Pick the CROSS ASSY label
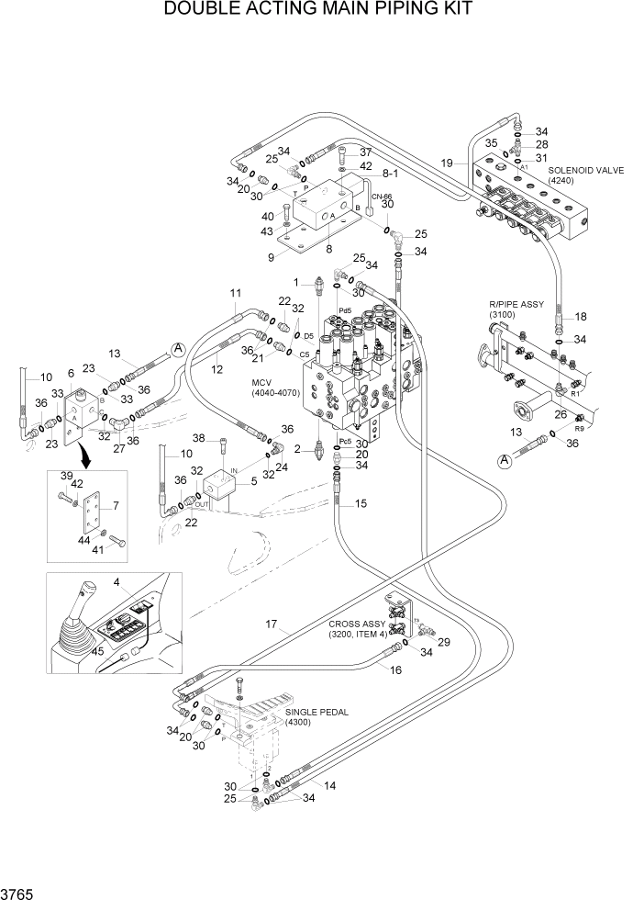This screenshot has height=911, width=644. [x=357, y=624]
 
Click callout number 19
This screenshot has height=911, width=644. [x=446, y=163]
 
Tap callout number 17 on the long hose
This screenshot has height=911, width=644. [x=272, y=625]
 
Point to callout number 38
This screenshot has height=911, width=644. [x=198, y=437]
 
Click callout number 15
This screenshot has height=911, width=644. [x=360, y=503]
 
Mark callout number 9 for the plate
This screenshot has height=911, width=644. [x=272, y=258]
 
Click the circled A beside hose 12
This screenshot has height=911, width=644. [x=178, y=348]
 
